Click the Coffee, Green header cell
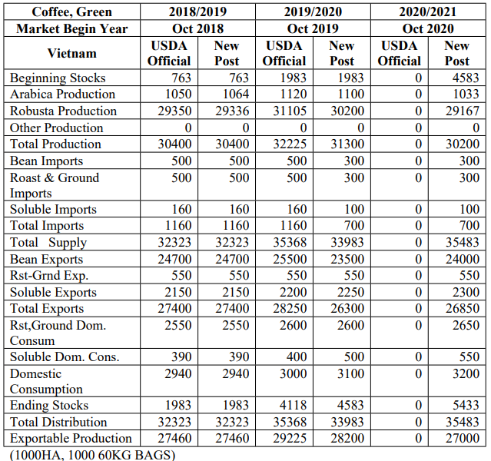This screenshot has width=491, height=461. [71, 12]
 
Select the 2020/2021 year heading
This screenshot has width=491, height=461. [428, 12]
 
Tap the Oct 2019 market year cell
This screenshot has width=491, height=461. [313, 28]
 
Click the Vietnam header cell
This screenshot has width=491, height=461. [71, 53]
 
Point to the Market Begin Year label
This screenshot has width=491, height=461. [71, 28]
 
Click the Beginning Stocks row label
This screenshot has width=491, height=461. [58, 78]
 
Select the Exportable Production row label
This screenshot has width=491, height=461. [71, 438]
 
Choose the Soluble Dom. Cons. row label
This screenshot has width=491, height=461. [65, 357]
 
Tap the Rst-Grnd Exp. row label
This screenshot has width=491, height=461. [49, 275]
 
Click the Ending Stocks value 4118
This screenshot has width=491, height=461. [293, 405]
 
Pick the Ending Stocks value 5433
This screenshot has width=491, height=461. [466, 405]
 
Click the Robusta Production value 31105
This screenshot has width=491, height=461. [290, 111]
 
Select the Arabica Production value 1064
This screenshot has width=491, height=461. [236, 94]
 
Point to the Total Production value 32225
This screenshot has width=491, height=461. [290, 144]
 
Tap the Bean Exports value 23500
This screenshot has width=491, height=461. [347, 259]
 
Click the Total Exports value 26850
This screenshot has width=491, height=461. [463, 308]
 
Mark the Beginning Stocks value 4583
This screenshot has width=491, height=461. [466, 78]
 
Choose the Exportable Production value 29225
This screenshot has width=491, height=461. [290, 438]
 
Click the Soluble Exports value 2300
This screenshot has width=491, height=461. [466, 292]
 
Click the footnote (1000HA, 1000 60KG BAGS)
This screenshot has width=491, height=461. [92, 455]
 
